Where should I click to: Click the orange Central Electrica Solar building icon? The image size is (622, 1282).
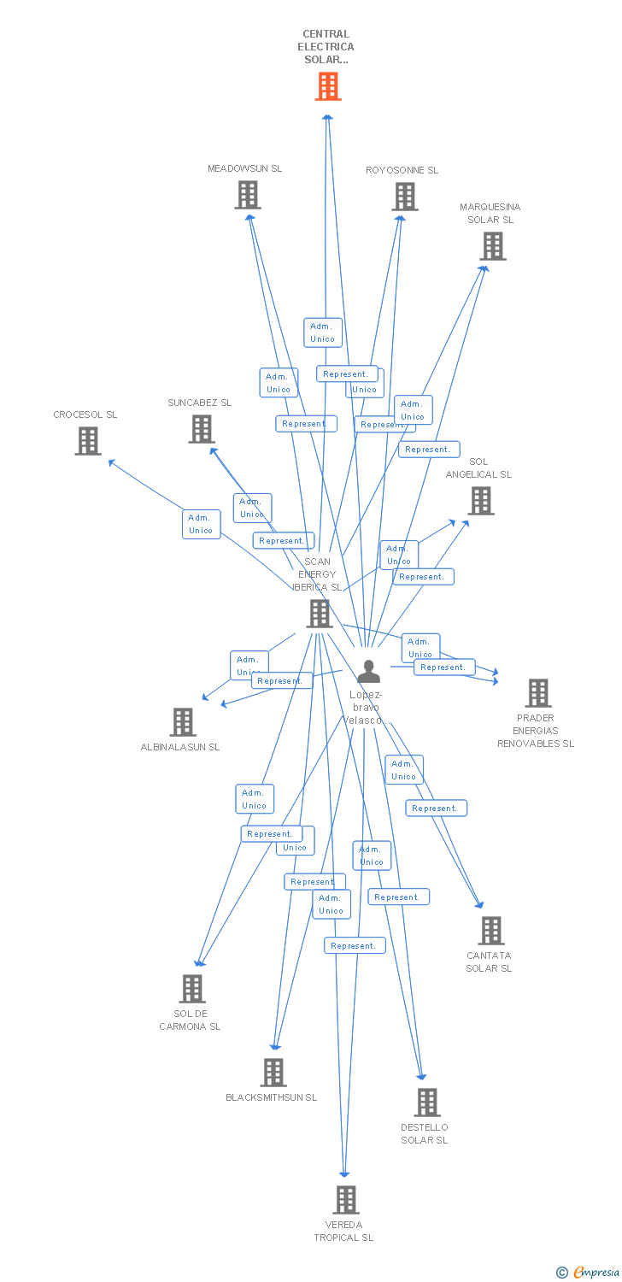[x=328, y=86]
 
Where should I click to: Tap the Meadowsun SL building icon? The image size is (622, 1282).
[x=248, y=196]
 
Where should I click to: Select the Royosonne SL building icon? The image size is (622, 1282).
[x=405, y=197]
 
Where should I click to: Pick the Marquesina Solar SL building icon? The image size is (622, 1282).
[x=492, y=246]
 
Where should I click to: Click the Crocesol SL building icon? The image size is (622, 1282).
[x=88, y=441]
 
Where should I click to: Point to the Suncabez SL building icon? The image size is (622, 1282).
[x=202, y=429]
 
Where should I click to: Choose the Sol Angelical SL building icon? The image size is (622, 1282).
[x=481, y=501]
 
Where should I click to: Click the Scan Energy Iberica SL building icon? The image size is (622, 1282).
[x=320, y=614]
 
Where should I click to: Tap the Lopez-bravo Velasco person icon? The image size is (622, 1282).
[x=368, y=672]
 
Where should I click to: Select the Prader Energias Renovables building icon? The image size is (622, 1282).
[x=538, y=693]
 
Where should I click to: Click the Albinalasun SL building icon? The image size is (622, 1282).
[x=183, y=722]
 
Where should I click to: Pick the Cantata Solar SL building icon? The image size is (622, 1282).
[x=491, y=931]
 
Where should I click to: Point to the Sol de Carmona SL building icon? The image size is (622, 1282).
[x=192, y=989]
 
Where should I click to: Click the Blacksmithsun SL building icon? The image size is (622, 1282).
[x=273, y=1073]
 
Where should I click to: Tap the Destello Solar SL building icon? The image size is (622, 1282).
[x=427, y=1103]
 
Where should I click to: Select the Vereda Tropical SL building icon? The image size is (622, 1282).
[x=345, y=1200]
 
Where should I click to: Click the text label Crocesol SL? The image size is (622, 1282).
[x=85, y=415]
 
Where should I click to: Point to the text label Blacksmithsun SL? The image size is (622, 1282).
[x=271, y=1097]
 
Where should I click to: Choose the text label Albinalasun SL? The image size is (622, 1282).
[x=180, y=747]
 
